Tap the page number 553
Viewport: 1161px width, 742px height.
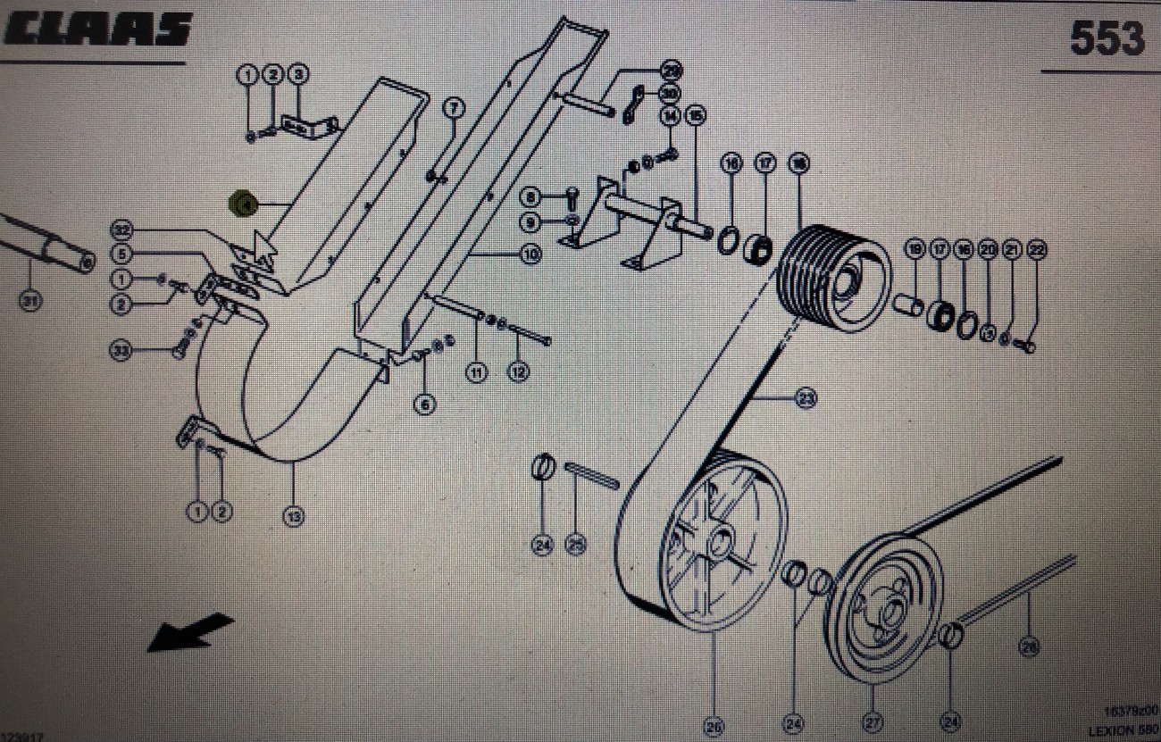coord(1107,38)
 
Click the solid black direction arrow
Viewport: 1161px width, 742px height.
coord(189,632)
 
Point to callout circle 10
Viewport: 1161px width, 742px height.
coord(530,254)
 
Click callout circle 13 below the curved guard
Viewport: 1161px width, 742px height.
coord(294,515)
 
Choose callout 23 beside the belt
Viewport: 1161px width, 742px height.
coord(806,400)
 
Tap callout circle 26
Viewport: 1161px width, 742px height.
coord(714,728)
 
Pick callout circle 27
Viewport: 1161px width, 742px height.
coord(873,721)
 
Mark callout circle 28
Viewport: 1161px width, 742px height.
coord(1030,646)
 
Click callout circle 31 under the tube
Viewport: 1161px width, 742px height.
coord(31,302)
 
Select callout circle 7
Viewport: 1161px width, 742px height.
coord(455,109)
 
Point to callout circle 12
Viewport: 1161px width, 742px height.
coord(517,372)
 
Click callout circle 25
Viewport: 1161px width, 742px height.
coord(576,544)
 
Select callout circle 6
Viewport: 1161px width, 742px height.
coord(425,404)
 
